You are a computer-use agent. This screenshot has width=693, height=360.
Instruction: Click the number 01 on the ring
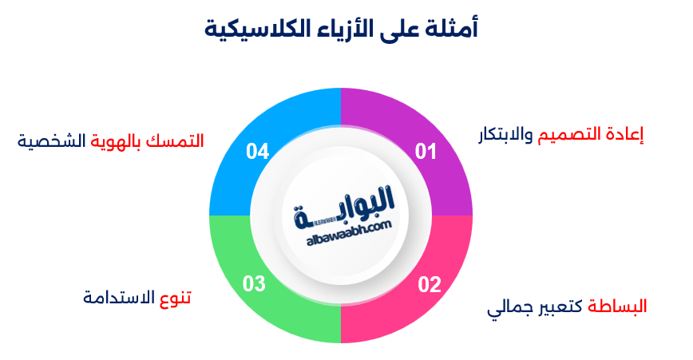426,151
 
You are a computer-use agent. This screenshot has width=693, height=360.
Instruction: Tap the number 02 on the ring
429,284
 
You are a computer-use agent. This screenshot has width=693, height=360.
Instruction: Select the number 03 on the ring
254,284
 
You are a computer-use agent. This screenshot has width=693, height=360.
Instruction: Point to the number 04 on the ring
257,151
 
